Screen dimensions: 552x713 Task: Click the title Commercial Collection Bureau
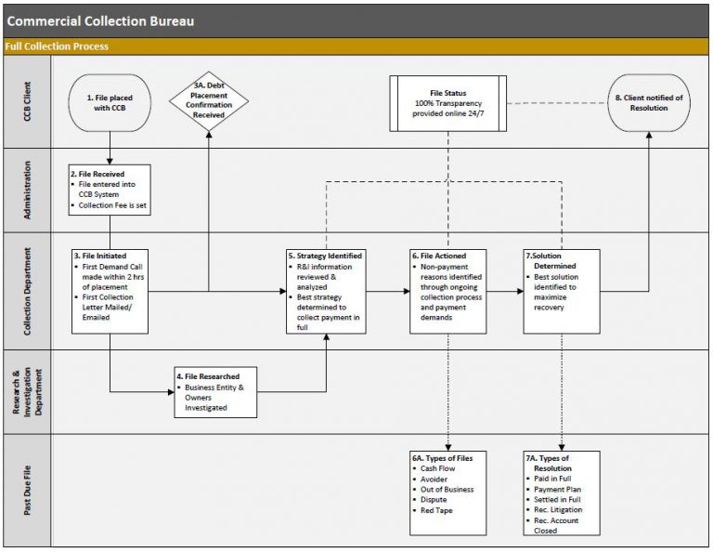click(x=101, y=20)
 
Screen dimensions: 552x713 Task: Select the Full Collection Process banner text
click(x=57, y=46)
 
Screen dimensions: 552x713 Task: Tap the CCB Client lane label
click(x=28, y=102)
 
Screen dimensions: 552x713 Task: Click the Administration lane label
click(x=28, y=190)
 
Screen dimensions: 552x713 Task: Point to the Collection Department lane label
click(x=28, y=291)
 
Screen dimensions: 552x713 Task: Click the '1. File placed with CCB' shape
click(x=110, y=102)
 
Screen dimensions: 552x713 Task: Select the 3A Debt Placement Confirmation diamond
click(x=208, y=99)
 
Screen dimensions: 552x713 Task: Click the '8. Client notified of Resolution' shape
click(x=650, y=102)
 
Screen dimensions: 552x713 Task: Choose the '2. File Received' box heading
click(x=97, y=174)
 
